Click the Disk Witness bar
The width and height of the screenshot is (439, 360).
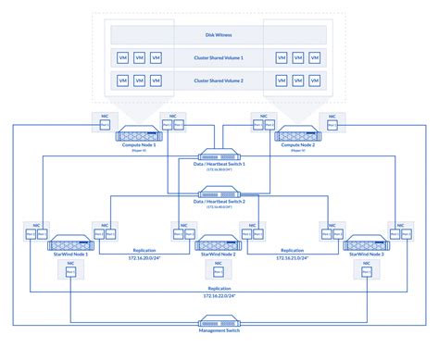pos(219,34)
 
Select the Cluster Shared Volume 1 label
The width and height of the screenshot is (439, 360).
pos(219,57)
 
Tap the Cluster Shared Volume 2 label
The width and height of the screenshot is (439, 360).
pos(219,81)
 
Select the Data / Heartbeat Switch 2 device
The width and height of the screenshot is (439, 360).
pos(219,193)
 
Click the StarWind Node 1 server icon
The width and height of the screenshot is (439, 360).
pos(72,245)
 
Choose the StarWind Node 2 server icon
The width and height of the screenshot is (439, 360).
pos(219,245)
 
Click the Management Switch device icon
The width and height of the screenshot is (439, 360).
pos(219,321)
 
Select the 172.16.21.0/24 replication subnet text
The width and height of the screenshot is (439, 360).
pos(291,258)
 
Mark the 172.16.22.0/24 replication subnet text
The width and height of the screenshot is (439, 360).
pos(219,296)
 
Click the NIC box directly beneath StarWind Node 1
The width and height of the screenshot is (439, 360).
pos(72,270)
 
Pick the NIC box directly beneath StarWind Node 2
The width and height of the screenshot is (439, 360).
pos(219,270)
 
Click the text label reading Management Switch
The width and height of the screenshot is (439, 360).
pos(219,331)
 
